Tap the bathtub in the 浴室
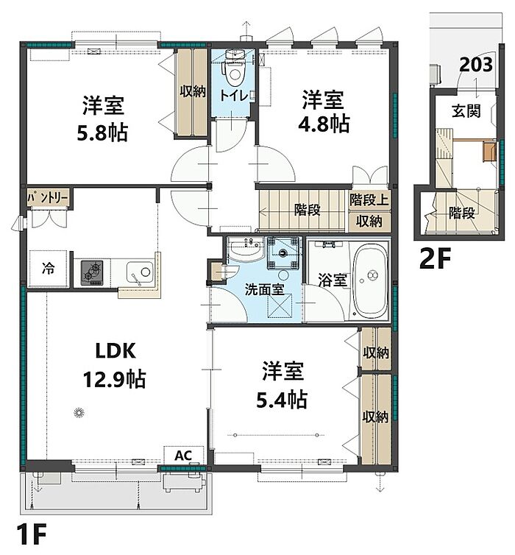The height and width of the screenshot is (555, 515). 370,280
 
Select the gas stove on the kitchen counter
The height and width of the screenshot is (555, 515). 92,273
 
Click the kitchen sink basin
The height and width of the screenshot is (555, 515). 139,272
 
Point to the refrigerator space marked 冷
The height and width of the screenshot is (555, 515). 48,268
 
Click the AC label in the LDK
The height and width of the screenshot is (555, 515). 183,455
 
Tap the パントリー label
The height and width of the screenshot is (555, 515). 48,198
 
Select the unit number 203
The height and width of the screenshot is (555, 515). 476,65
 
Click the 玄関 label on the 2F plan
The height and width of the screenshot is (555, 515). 466,111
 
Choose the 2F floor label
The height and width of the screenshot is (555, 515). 435,258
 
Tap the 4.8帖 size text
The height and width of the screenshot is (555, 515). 324,124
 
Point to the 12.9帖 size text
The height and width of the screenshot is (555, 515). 114,379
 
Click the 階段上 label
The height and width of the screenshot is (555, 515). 369,200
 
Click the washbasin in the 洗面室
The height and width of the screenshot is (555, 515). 246,249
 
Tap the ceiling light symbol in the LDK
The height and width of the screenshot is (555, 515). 79,413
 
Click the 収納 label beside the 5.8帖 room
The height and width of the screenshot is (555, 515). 193,91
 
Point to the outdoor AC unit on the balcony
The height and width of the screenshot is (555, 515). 184,483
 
